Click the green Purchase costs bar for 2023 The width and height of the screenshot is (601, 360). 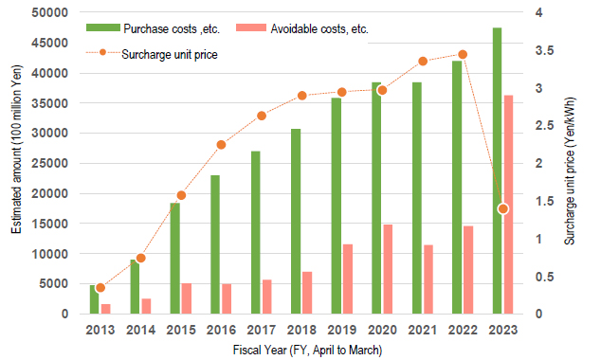[x=498, y=171]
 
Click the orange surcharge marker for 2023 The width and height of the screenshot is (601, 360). [x=503, y=208]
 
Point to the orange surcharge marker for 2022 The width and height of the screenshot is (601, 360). [x=463, y=55]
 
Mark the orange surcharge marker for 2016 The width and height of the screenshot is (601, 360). [x=221, y=145]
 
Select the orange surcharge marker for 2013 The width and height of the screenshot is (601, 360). [x=100, y=288]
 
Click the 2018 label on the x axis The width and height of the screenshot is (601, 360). [x=300, y=331]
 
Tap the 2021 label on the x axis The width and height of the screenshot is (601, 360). [x=421, y=331]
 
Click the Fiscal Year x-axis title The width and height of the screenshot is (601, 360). [x=307, y=351]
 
